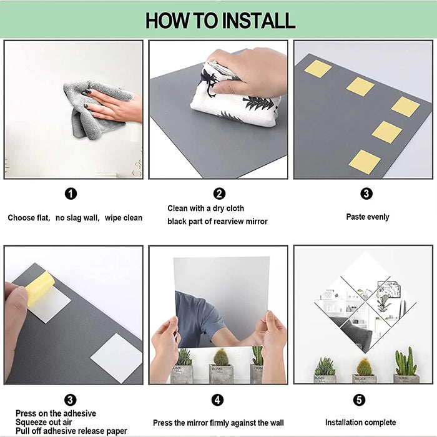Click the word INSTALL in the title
tap(256, 20)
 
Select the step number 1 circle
tap(71, 194)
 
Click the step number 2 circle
tap(219, 194)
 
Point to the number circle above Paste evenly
tap(366, 194)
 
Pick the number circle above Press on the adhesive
tap(71, 400)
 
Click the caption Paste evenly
tap(368, 217)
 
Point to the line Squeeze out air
tap(41, 422)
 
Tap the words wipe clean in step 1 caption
tap(123, 218)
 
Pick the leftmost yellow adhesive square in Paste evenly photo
tap(318, 69)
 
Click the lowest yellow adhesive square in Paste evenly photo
tap(364, 162)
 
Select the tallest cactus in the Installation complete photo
tap(406, 362)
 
